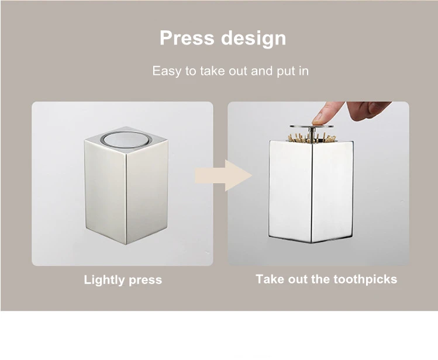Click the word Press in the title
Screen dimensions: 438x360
coord(187,37)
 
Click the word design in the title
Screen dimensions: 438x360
coord(254,39)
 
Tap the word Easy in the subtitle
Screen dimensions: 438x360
coord(167,71)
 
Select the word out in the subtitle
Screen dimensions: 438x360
coord(238,71)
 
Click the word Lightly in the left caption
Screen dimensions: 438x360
coord(104,280)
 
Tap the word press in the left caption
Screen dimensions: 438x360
coord(145,281)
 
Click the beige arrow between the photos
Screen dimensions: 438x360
coord(223,175)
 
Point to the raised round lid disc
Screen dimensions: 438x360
coord(312,126)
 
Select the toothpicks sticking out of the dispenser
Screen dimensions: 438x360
coord(312,138)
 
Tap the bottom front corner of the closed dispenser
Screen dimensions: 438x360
coord(126,244)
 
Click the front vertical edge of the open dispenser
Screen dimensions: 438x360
coord(312,193)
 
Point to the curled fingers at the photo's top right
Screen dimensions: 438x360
coord(369,109)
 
